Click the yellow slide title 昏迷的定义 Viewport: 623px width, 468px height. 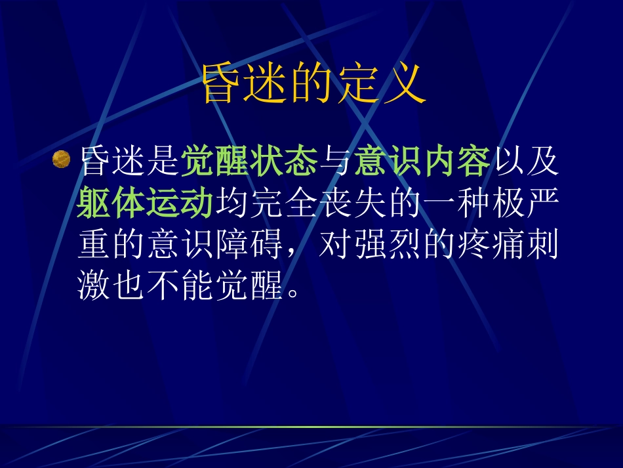(x=313, y=83)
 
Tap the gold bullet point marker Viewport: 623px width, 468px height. (x=61, y=160)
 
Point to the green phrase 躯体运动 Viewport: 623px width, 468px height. (x=146, y=204)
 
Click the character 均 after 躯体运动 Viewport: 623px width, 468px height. (x=231, y=204)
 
